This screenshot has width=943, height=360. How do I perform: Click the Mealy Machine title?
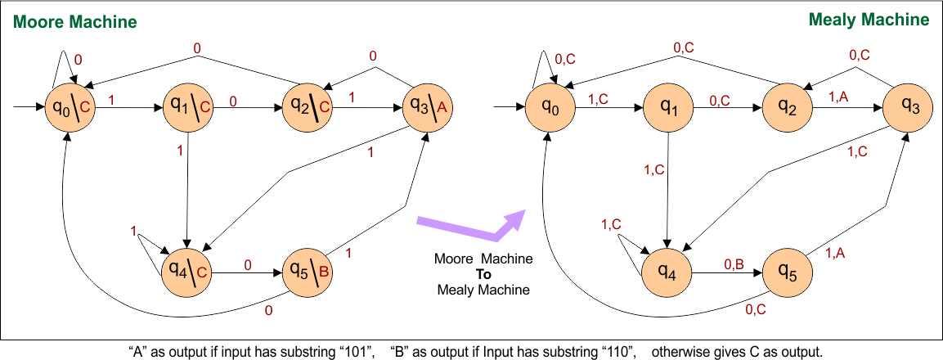tap(869, 20)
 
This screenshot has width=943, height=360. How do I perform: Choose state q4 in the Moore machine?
tap(186, 268)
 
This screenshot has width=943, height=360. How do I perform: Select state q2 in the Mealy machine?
tap(787, 106)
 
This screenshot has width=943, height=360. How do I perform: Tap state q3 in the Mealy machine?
tap(906, 106)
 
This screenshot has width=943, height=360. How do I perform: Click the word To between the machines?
tap(483, 274)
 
